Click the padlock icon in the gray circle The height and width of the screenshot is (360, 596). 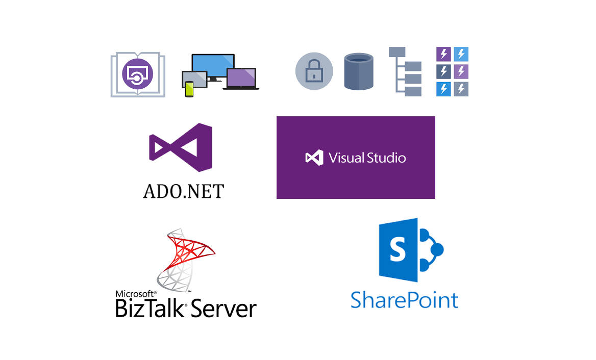coord(314,71)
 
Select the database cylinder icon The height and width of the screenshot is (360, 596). coord(359,71)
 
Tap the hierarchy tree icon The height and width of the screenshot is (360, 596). coord(405,71)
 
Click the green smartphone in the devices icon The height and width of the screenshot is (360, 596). coord(189,89)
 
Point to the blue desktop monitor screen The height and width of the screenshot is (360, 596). coord(213,65)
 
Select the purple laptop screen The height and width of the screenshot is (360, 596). coord(241,78)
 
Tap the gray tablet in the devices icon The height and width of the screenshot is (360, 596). coord(194,80)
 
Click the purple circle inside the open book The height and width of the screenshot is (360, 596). coord(138,73)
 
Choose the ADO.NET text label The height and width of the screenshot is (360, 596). coord(184,191)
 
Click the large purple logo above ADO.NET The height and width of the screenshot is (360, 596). coord(181,147)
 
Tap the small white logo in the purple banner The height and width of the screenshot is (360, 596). coord(314,158)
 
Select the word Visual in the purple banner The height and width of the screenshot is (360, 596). coord(345,158)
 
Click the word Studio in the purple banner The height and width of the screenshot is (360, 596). coord(385,158)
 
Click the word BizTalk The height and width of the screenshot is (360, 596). coord(150,308)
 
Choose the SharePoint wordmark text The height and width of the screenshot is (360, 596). coord(405,300)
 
